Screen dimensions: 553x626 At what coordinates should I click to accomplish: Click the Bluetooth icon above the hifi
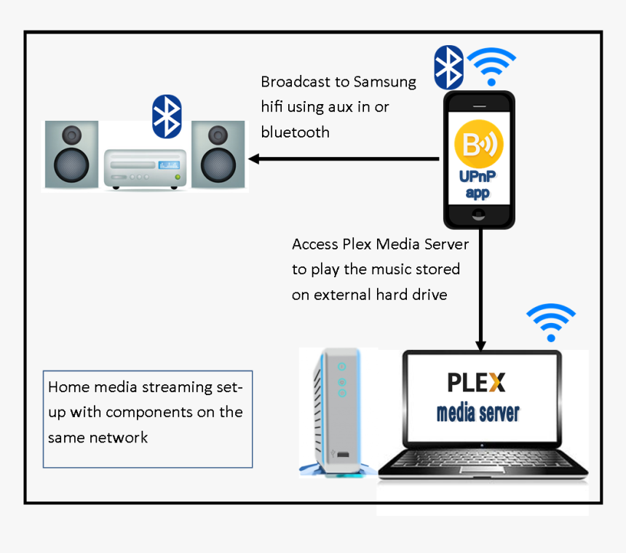pos(167,116)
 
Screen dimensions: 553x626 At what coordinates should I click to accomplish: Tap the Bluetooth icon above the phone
pos(448,68)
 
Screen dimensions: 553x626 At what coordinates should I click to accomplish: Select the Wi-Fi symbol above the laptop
pos(551,322)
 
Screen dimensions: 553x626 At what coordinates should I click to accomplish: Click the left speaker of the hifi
pos(71,155)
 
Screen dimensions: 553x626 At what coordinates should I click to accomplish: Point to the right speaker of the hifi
pos(218,155)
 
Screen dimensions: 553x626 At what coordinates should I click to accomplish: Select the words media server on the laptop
pos(478,413)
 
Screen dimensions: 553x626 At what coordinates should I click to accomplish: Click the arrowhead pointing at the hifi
pos(254,159)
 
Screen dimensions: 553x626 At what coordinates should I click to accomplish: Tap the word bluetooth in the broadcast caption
pos(295,132)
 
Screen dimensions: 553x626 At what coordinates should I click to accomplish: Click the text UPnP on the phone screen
pos(478,177)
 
